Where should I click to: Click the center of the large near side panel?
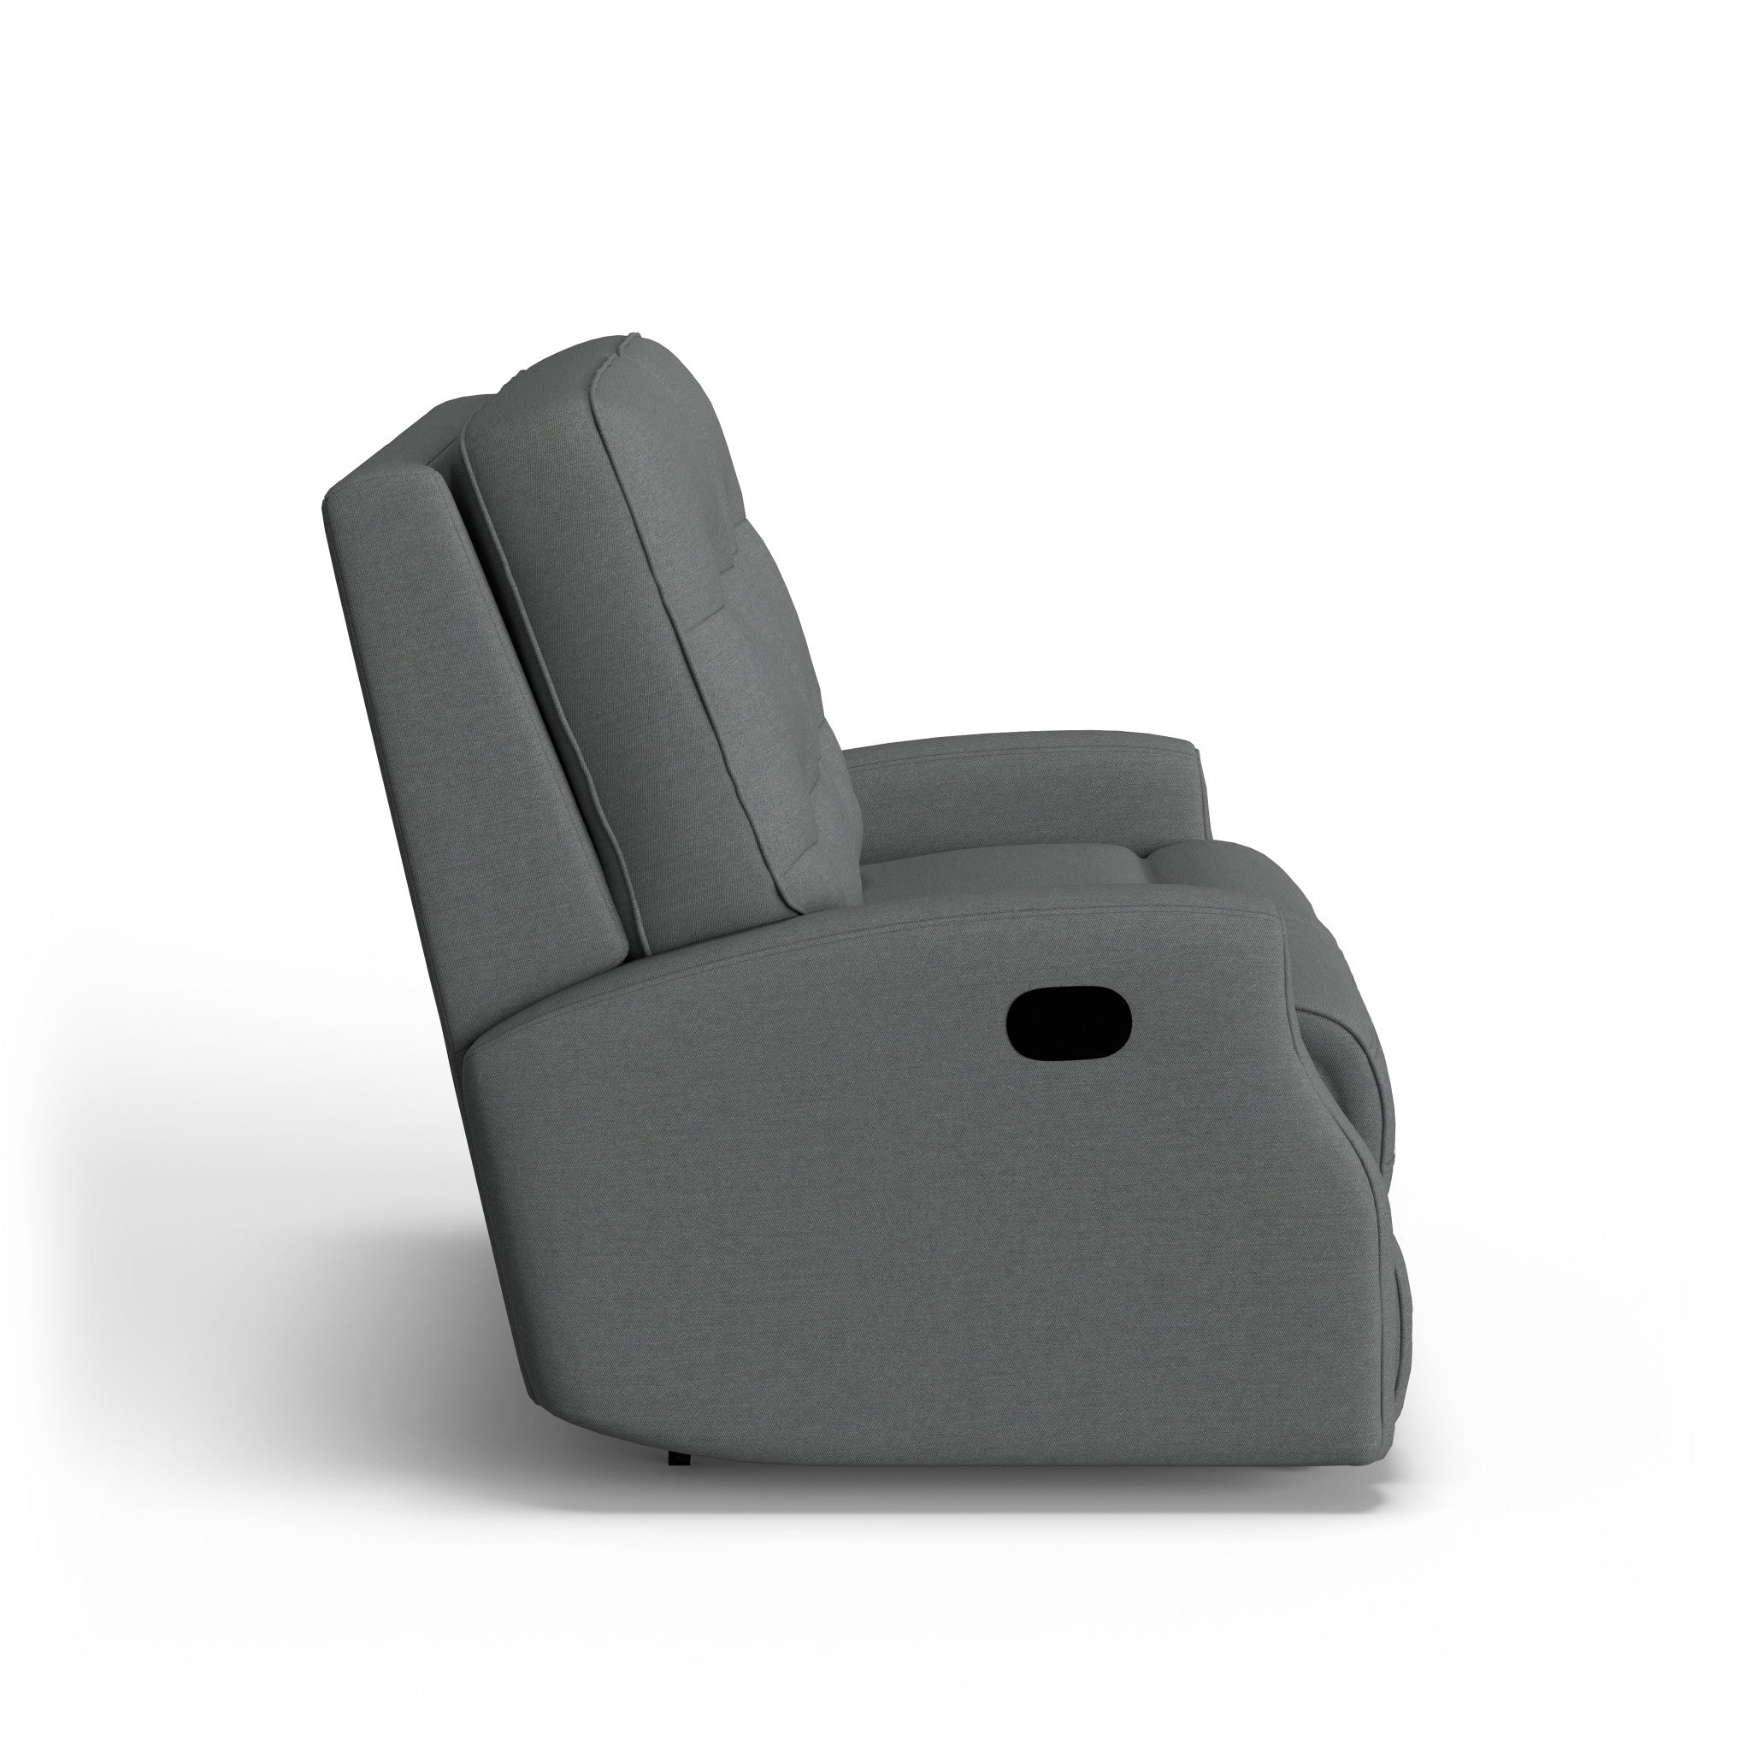pyautogui.click(x=906, y=1223)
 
